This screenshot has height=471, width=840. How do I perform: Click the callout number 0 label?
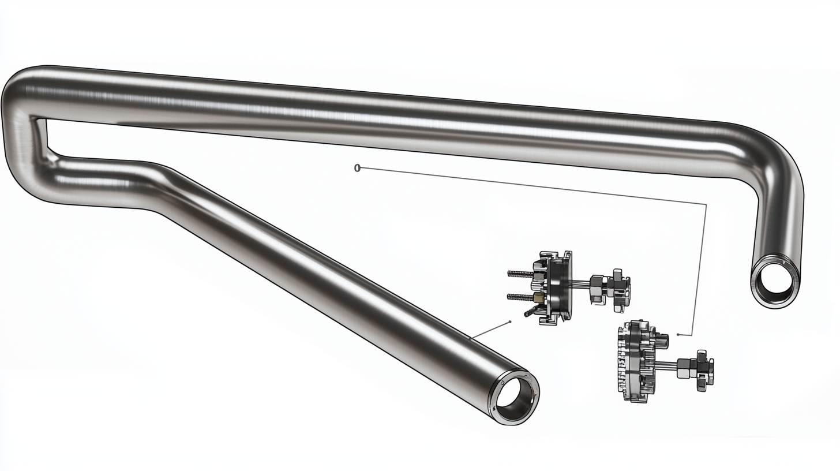(357, 168)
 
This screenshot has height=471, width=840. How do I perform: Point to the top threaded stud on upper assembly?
(520, 274)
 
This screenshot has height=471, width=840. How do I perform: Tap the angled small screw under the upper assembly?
(530, 311)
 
